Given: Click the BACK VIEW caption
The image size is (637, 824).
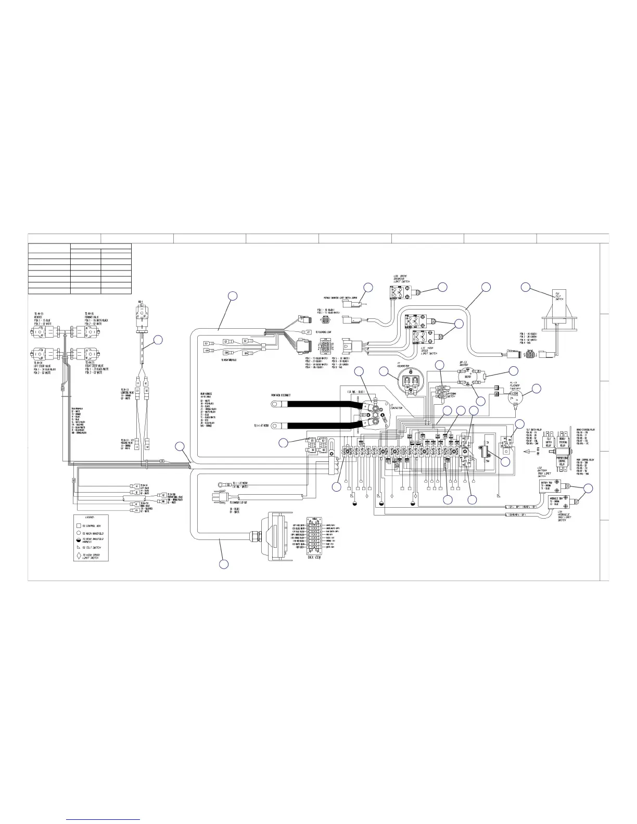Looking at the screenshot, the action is (314, 556).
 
